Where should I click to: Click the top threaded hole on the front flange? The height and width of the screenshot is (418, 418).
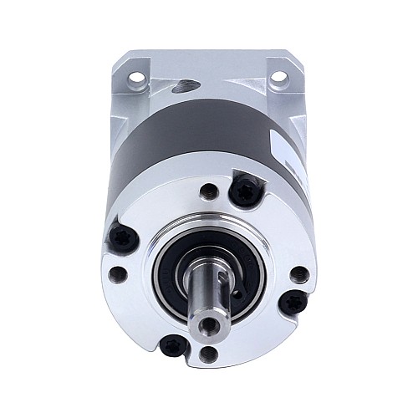(209, 192)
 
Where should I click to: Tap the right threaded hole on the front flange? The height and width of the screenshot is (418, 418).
(298, 273)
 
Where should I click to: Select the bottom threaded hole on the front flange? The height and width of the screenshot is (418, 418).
(209, 353)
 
